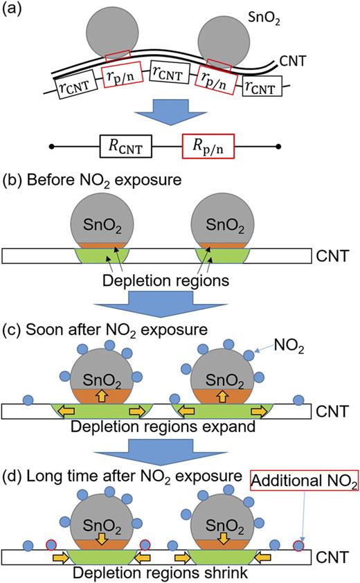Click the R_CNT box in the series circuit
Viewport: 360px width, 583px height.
(123, 147)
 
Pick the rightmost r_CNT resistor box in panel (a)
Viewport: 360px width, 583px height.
(262, 89)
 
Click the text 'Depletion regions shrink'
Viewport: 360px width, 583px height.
(163, 572)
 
